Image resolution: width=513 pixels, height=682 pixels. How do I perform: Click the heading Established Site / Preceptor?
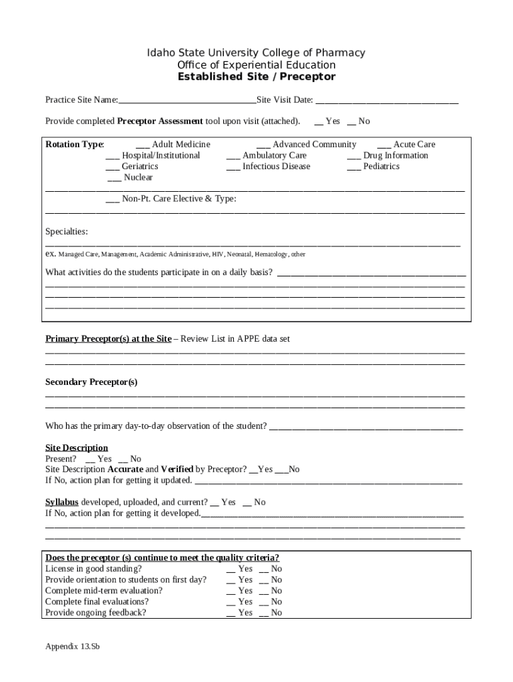point(256,77)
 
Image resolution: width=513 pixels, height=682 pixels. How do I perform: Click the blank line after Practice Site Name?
point(187,101)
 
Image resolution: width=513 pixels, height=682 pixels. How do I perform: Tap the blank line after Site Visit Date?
point(386,101)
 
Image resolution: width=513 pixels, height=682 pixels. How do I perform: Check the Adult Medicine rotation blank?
point(143,145)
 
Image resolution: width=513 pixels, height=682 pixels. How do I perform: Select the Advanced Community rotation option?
point(263,145)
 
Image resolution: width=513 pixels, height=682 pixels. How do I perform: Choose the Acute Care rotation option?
point(384,145)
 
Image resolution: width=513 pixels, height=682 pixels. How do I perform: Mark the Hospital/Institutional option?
point(113,156)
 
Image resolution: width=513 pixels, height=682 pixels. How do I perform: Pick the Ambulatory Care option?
point(233,156)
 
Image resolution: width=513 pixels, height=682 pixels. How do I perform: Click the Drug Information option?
point(354,156)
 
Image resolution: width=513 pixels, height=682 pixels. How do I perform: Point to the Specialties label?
point(66,232)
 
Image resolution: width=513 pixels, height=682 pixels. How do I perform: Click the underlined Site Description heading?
point(77,448)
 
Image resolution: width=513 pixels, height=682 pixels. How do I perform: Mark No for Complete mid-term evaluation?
point(263,591)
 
